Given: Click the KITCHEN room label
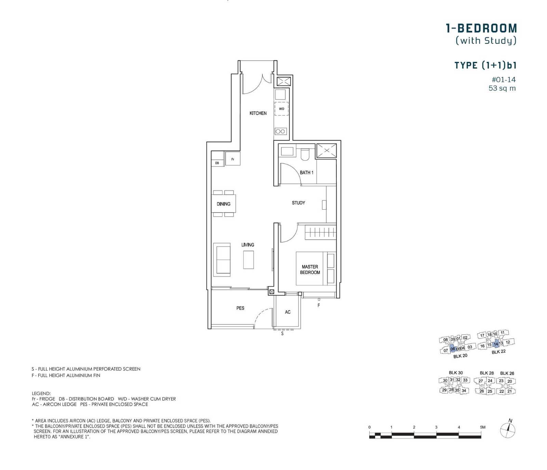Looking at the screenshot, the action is coord(258,113).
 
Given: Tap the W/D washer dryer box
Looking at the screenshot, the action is coord(281,109).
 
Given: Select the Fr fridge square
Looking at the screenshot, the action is coord(233,159).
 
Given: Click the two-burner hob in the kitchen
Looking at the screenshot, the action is coord(281,131).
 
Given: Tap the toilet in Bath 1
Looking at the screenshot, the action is coord(305,154).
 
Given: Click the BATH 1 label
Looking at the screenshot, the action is coord(306,172).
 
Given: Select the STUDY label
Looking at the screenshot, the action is coord(298,203).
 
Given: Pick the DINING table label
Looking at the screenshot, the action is coord(224,204).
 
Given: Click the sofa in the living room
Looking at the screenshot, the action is coord(222,259).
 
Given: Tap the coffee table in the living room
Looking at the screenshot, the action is coord(249,260).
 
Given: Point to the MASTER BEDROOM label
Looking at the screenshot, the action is coord(310,269).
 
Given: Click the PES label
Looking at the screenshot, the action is coord(240,308).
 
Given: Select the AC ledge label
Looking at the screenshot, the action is coord(288,312).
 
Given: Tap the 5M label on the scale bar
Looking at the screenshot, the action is coord(482,427).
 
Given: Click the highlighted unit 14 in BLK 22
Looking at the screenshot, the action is coord(496,344).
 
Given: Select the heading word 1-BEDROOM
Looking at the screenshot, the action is coord(481,28).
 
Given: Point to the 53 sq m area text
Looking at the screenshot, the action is coord(502,88).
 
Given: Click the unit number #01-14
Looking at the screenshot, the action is coord(504,80).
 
